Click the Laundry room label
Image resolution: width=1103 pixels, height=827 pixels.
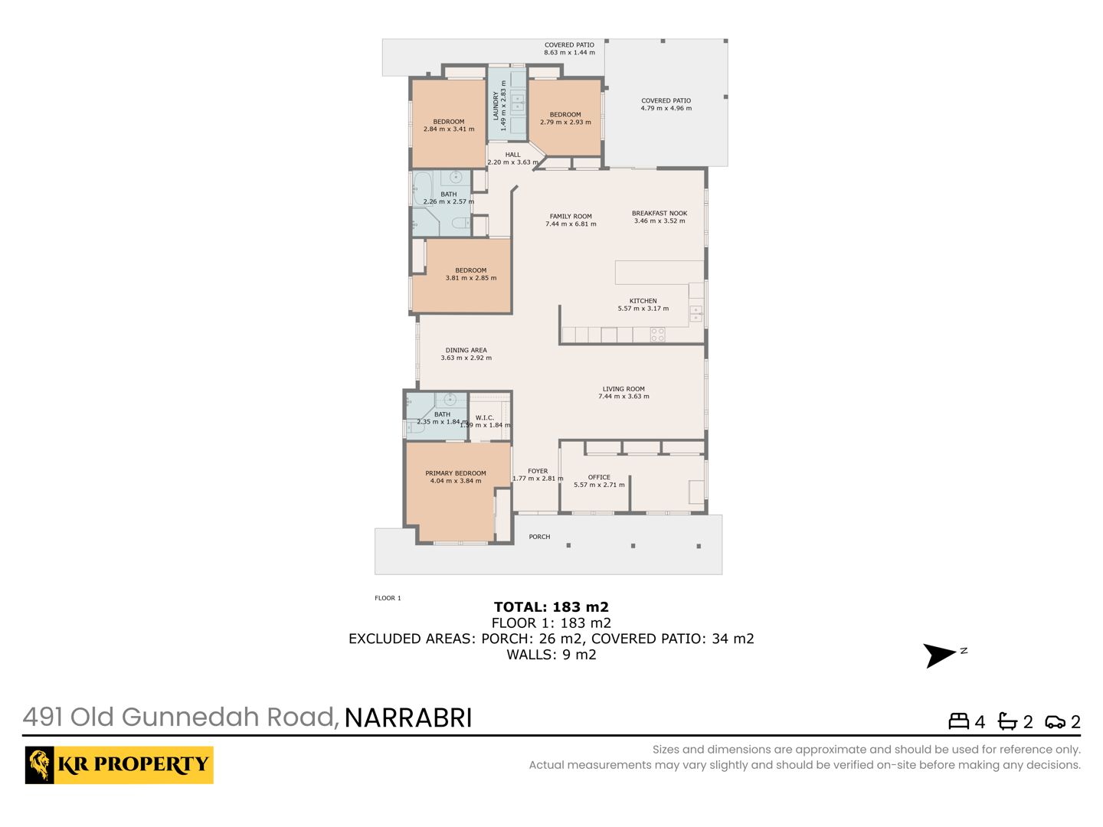click(496, 106)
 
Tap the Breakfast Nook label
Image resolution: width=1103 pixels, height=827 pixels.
click(660, 214)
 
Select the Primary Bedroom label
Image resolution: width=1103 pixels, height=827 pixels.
click(455, 473)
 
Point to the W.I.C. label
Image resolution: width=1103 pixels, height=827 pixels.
click(484, 418)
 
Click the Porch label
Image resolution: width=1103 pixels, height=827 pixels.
click(539, 537)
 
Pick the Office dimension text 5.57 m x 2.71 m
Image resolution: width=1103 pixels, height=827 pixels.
click(599, 485)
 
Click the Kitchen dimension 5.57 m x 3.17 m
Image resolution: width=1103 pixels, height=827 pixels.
click(643, 309)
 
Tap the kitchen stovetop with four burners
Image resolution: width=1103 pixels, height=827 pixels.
click(658, 335)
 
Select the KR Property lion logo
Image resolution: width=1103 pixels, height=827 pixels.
click(40, 765)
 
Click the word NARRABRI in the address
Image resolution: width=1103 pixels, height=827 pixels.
click(408, 718)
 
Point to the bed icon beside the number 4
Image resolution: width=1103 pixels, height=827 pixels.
click(958, 721)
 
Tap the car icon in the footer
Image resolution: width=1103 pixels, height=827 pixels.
click(1055, 723)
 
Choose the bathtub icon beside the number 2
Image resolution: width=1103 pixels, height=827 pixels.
click(1007, 721)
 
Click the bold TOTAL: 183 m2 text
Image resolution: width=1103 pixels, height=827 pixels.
click(551, 607)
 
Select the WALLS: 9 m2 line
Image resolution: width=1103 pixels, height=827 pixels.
click(551, 655)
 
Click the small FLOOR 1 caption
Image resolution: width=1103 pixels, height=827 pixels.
click(388, 598)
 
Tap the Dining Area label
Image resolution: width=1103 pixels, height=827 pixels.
click(466, 351)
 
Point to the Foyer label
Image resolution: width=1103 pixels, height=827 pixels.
click(538, 472)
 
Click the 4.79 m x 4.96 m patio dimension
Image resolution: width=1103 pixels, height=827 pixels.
click(666, 109)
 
